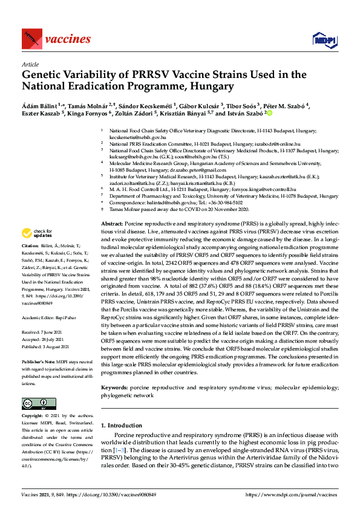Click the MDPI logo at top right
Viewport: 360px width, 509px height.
pos(324,40)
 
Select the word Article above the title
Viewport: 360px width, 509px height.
pos(29,63)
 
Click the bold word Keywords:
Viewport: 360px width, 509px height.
pos(114,386)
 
